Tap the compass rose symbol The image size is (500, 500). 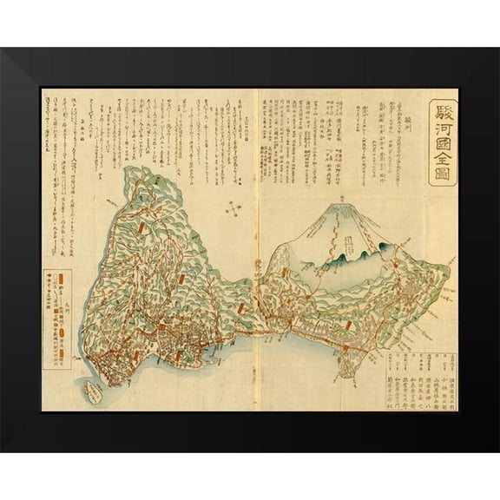pos(234,208)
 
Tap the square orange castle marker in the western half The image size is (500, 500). pos(161,326)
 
